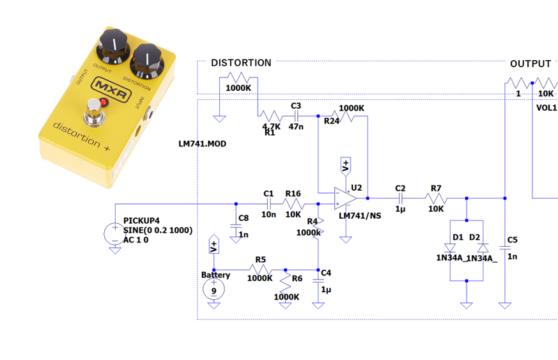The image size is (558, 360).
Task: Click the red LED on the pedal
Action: (x=104, y=102)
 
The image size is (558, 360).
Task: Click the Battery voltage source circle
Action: (x=213, y=290)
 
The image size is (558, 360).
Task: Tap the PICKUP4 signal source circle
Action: (x=115, y=231)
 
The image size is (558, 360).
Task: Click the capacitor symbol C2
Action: (x=401, y=199)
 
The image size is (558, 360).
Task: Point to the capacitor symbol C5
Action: (x=504, y=248)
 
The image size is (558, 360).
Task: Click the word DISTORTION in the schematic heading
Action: (x=241, y=63)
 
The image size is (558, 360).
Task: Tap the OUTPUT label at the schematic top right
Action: (x=530, y=64)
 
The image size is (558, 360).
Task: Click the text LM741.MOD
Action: (x=202, y=144)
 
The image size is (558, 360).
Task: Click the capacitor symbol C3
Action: (x=296, y=116)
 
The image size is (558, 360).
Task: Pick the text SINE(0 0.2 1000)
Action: (x=157, y=230)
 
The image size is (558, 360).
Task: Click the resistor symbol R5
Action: (x=260, y=269)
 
